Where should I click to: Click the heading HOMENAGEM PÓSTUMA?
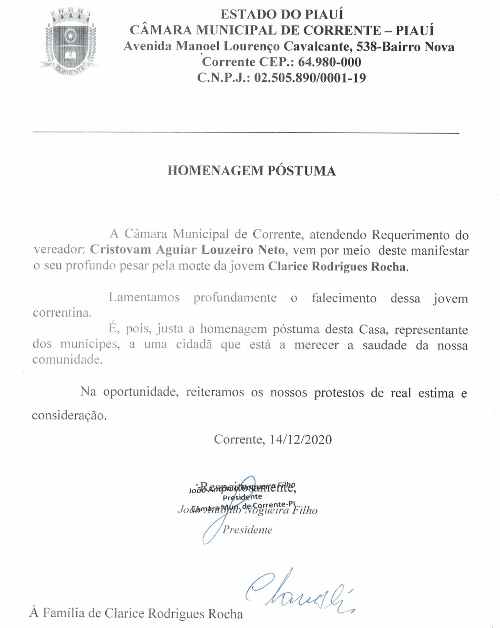click(x=251, y=171)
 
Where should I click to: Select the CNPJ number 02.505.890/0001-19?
click(x=310, y=78)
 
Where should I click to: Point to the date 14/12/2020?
click(x=300, y=439)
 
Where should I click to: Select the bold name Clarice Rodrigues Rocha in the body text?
click(x=337, y=267)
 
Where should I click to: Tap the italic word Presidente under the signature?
click(x=247, y=530)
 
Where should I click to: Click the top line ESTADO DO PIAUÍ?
click(x=282, y=15)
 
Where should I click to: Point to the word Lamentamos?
click(x=144, y=298)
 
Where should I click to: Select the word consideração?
click(x=69, y=415)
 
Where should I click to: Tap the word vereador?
click(x=59, y=251)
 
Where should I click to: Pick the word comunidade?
click(x=67, y=360)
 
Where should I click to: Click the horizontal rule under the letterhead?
click(x=245, y=132)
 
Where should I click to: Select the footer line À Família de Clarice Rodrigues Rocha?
click(x=136, y=613)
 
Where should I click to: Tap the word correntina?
click(x=62, y=313)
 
